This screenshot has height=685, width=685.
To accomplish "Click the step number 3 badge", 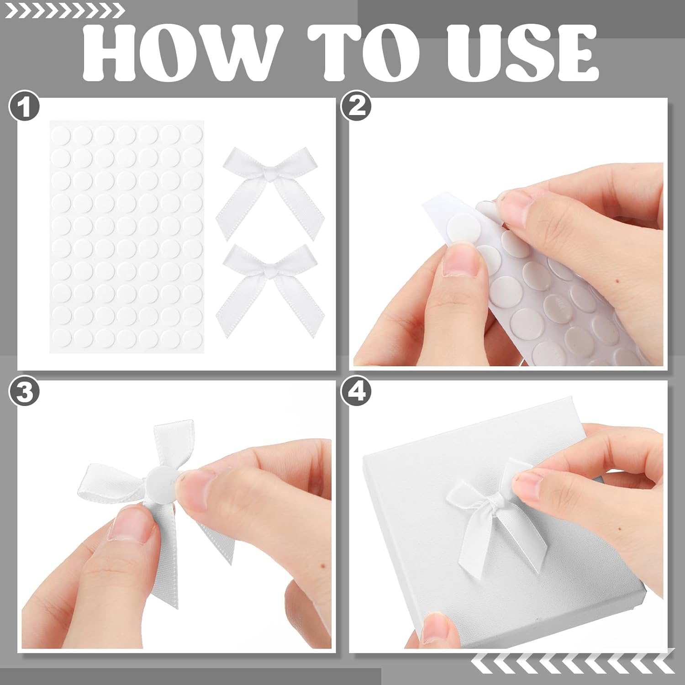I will (25, 392).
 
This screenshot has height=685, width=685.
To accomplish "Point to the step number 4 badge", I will (357, 392).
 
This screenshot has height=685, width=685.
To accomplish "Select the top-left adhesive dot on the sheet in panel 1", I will (61, 135).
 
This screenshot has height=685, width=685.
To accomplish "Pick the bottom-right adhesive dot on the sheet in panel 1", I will (192, 337).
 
